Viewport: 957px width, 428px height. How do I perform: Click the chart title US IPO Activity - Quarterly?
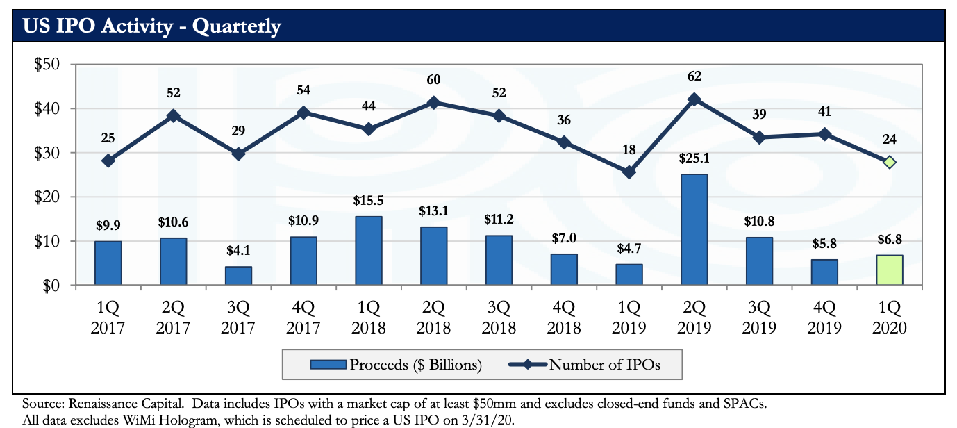click(152, 26)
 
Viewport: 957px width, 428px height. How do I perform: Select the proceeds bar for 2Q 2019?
click(694, 229)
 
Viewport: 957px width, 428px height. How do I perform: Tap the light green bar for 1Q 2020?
click(890, 270)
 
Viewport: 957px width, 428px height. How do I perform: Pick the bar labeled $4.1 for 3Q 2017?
click(238, 275)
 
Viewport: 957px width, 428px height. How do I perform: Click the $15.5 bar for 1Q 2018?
click(369, 250)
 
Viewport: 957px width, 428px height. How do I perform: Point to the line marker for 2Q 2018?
click(433, 102)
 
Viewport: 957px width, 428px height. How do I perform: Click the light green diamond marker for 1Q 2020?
click(890, 162)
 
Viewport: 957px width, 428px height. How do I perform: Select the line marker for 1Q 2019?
click(629, 172)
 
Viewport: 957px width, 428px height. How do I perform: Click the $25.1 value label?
click(694, 160)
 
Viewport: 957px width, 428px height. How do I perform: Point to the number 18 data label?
click(629, 149)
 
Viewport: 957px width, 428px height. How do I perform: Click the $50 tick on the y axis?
click(48, 65)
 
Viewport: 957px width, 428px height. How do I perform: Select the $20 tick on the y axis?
click(48, 197)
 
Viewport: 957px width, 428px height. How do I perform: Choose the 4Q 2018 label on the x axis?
click(564, 316)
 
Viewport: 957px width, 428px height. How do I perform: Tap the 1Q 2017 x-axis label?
click(108, 316)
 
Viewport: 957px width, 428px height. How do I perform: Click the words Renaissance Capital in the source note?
click(125, 403)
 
